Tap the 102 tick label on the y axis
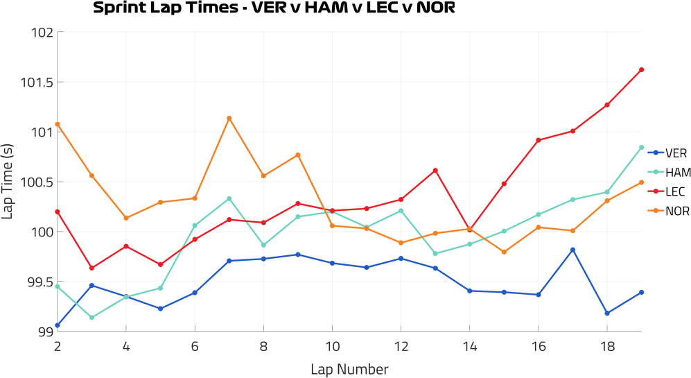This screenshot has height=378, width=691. click(43, 32)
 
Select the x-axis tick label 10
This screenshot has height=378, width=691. click(332, 345)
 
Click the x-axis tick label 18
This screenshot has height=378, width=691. click(607, 345)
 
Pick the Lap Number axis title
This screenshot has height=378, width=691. click(349, 368)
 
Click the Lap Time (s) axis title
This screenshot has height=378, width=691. click(8, 182)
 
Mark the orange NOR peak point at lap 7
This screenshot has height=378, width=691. click(229, 119)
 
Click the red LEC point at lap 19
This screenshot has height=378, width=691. click(642, 69)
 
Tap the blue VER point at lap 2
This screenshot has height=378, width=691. click(58, 325)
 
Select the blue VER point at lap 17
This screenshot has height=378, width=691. click(573, 250)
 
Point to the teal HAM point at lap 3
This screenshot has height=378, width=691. click(92, 318)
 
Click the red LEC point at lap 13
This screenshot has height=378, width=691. click(435, 171)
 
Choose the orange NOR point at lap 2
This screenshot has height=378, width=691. click(58, 124)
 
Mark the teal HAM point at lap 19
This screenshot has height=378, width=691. click(642, 147)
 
